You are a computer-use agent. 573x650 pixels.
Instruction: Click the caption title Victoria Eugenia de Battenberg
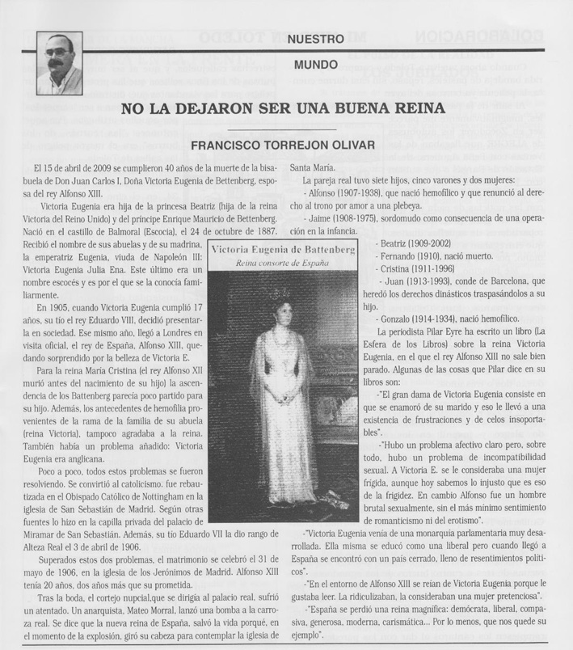coord(283,251)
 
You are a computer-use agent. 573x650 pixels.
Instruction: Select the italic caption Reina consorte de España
coord(282,264)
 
